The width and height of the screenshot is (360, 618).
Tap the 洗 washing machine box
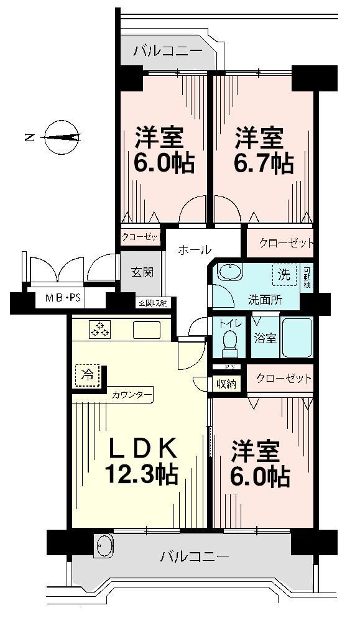284,273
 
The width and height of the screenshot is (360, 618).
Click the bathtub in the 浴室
297,338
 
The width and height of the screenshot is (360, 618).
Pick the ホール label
194,250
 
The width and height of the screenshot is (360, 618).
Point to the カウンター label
132,394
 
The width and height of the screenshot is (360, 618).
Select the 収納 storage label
226,384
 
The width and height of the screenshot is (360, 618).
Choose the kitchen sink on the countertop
147,329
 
